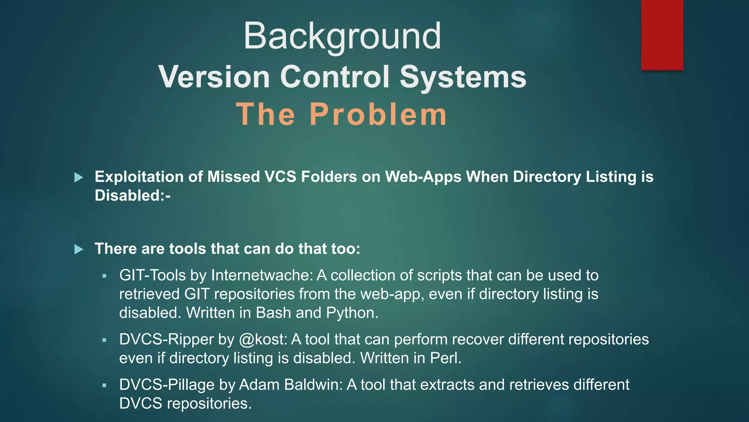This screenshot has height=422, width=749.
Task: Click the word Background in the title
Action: pos(342,36)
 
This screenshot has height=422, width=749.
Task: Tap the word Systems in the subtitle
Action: pos(463,77)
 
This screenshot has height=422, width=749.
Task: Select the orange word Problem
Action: pos(378,114)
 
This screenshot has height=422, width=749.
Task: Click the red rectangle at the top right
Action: pos(662,35)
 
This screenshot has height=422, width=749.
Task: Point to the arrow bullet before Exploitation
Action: pos(79,178)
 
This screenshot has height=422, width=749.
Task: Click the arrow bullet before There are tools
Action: pos(79,250)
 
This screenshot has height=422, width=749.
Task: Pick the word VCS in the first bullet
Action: pos(280,177)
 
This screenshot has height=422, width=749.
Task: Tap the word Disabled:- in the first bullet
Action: pos(132,196)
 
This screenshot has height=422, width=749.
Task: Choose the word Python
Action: pos(352,313)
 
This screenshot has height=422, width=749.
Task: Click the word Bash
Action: pos(274,313)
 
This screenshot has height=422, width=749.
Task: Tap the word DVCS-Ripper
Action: pos(166,340)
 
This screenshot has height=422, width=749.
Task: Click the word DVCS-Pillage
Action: pos(167,385)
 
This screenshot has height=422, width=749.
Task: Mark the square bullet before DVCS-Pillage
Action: pos(104,385)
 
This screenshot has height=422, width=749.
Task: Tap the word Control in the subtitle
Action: pos(335,77)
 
